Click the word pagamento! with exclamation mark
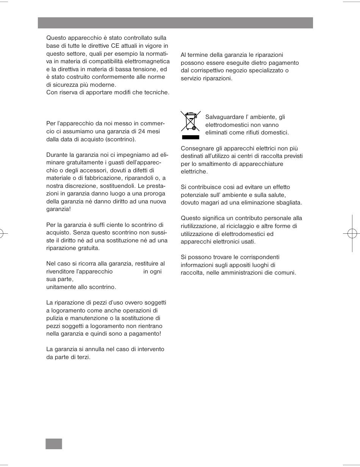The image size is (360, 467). [146, 334]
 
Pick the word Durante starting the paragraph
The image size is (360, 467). [57, 155]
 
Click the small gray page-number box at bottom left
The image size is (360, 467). [54, 444]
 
